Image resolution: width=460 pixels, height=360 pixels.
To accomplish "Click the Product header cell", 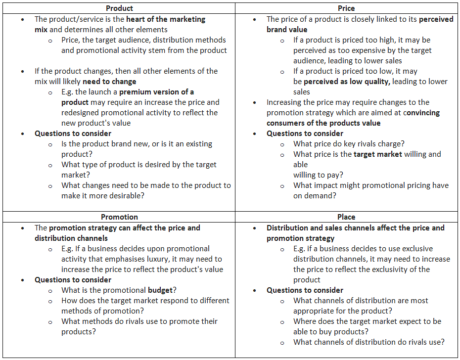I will point(119,8).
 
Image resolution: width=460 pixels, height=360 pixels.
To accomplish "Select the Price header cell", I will point(346,8).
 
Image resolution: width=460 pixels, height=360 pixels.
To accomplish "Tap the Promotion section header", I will point(119,217).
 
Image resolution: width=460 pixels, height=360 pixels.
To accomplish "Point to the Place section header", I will point(346,217).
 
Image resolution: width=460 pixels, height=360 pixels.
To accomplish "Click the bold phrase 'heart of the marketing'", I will point(166,19).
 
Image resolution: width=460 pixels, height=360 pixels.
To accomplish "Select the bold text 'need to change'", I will point(109,82).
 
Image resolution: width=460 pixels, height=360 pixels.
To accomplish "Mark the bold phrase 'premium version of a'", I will point(156,92).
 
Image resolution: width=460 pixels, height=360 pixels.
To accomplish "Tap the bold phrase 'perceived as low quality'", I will point(346,82).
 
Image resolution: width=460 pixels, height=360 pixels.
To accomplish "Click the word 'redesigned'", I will point(82,113).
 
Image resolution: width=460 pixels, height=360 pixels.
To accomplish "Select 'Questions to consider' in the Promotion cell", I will point(73,280).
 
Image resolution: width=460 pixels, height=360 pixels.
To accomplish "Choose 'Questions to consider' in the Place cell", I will point(305,290).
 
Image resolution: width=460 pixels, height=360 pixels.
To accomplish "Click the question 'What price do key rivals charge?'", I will point(349,144).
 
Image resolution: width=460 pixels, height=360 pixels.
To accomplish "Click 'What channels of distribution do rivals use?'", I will point(368,342).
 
